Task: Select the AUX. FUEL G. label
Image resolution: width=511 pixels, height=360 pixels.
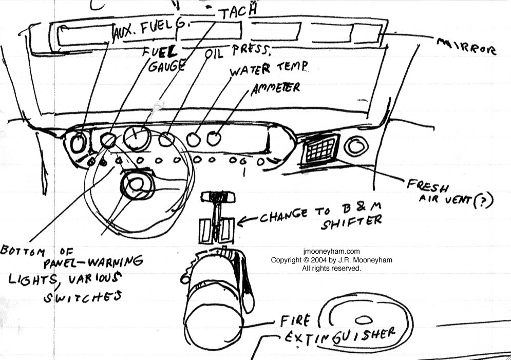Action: [150, 32]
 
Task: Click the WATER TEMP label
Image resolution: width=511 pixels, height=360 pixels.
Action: [269, 68]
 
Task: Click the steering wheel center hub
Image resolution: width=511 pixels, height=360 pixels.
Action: [136, 185]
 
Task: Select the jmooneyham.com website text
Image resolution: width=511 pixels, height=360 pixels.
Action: [332, 252]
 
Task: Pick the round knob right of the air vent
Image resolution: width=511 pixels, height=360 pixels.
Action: [355, 146]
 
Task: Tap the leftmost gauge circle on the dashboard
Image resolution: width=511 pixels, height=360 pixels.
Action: [78, 144]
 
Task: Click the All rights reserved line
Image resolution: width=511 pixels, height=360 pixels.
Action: [332, 268]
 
